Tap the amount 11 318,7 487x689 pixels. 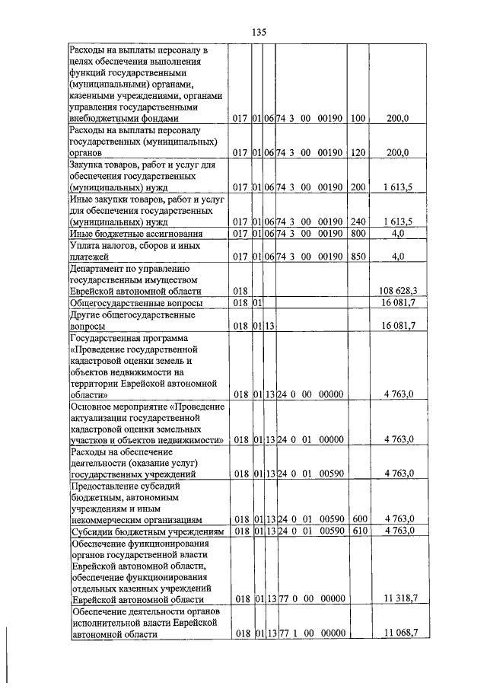coord(400,599)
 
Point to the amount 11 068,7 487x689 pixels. coord(400,633)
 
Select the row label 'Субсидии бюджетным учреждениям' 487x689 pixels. coord(146,531)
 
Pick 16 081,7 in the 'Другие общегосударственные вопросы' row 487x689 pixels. coord(400,326)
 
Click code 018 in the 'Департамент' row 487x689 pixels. coord(242,291)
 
